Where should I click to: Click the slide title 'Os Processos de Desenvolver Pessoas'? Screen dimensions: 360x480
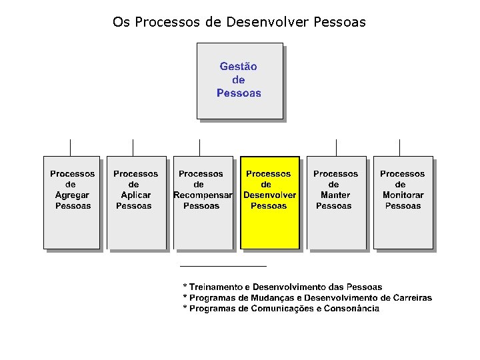pyautogui.click(x=239, y=22)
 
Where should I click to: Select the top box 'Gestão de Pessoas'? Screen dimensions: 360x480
pyautogui.click(x=239, y=81)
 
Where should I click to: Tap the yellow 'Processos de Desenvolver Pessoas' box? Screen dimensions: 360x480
pyautogui.click(x=269, y=203)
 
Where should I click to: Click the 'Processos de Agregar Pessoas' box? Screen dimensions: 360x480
pyautogui.click(x=71, y=203)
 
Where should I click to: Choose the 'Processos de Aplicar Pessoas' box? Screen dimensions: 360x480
pyautogui.click(x=135, y=203)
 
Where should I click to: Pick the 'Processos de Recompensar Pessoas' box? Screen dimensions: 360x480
pyautogui.click(x=203, y=203)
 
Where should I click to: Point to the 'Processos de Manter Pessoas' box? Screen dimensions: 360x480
pyautogui.click(x=336, y=203)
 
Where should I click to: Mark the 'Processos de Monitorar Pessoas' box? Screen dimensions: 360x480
pyautogui.click(x=403, y=203)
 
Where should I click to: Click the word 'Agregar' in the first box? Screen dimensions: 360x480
pyautogui.click(x=73, y=195)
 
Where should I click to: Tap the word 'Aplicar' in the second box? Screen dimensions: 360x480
pyautogui.click(x=135, y=195)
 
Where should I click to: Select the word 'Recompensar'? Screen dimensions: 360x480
pyautogui.click(x=203, y=195)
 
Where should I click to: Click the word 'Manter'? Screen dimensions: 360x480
pyautogui.click(x=335, y=195)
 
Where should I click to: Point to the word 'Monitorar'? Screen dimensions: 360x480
pyautogui.click(x=403, y=195)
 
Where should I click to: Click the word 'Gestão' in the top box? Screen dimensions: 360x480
pyautogui.click(x=239, y=67)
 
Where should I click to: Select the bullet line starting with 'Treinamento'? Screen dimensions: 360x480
pyautogui.click(x=283, y=287)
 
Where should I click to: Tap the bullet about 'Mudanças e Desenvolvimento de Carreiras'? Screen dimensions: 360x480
pyautogui.click(x=307, y=297)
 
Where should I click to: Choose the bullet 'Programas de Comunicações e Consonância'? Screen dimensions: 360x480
pyautogui.click(x=281, y=308)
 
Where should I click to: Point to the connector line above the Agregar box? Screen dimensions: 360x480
pyautogui.click(x=70, y=147)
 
